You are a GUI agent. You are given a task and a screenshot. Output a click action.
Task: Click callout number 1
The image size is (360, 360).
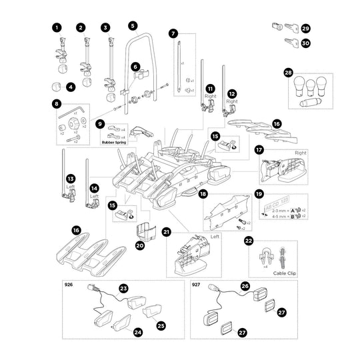tap(57, 27)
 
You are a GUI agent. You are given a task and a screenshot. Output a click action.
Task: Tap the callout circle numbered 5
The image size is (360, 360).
tap(133, 25)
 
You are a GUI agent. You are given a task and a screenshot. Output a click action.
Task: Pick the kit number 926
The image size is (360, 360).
tap(68, 284)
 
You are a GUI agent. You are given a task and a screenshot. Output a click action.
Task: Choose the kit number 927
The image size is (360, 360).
tap(196, 284)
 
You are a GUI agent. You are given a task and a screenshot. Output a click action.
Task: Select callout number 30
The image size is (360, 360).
tap(306, 43)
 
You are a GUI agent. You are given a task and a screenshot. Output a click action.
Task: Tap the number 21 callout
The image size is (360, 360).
tap(167, 231)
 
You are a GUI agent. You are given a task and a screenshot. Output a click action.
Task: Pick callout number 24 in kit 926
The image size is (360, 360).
tap(138, 331)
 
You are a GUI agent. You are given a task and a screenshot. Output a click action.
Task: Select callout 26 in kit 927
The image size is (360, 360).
tap(244, 287)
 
